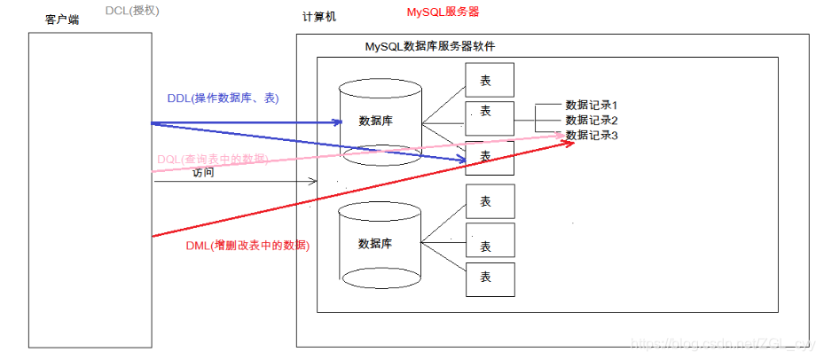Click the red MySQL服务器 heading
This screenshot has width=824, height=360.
pyautogui.click(x=443, y=13)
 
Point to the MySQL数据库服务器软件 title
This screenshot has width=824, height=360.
pyautogui.click(x=436, y=46)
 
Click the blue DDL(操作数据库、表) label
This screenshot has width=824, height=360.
pyautogui.click(x=223, y=98)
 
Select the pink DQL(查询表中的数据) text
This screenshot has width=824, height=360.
pyautogui.click(x=212, y=159)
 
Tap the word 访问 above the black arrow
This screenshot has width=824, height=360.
pyautogui.click(x=203, y=173)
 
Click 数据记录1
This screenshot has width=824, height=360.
pyautogui.click(x=591, y=105)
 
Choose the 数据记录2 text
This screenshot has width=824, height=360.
pyautogui.click(x=591, y=120)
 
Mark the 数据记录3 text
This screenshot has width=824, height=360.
pyautogui.click(x=591, y=135)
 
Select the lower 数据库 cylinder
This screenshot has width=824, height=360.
pyautogui.click(x=376, y=243)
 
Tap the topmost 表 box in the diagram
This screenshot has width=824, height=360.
pyautogui.click(x=490, y=80)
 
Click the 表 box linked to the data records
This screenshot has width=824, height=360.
pyautogui.click(x=490, y=113)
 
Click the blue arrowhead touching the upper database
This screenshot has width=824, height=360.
pyautogui.click(x=337, y=122)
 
